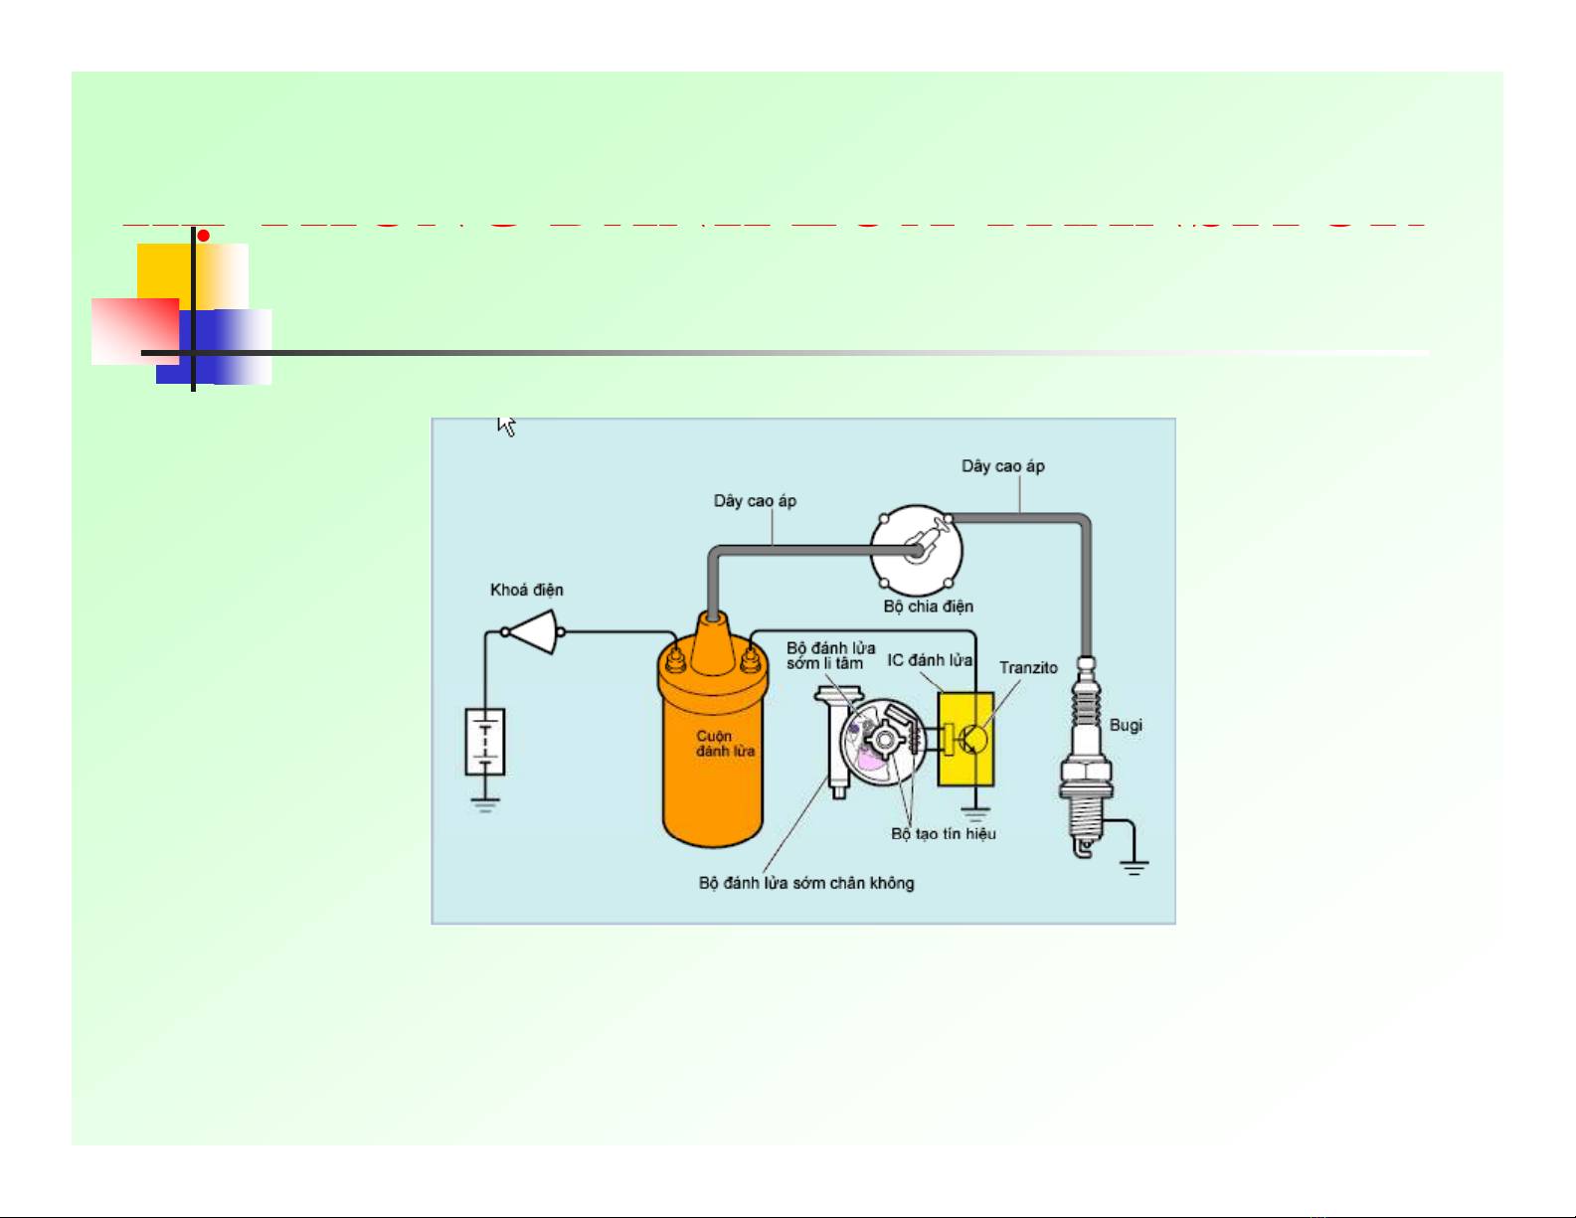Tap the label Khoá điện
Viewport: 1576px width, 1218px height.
(527, 590)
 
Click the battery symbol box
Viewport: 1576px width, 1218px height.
(485, 742)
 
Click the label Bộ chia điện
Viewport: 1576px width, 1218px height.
(929, 607)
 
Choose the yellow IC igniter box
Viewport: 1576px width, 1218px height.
(965, 739)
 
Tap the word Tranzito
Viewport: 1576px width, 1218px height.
(1028, 667)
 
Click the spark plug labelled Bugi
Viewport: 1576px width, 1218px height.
(1086, 756)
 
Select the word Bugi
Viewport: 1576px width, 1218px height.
(1126, 725)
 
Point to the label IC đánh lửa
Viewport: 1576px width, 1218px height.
(930, 660)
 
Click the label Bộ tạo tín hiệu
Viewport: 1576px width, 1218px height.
(944, 833)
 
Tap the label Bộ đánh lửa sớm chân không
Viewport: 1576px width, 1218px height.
(806, 883)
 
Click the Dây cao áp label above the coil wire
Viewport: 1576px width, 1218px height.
(755, 500)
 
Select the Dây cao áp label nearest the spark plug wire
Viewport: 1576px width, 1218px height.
(1002, 465)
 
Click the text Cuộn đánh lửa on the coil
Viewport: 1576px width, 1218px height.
(725, 744)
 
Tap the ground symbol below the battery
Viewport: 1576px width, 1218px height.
(485, 804)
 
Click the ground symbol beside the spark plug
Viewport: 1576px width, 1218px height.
(1134, 866)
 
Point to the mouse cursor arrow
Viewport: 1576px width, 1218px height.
(506, 426)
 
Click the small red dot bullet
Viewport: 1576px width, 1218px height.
(203, 236)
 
